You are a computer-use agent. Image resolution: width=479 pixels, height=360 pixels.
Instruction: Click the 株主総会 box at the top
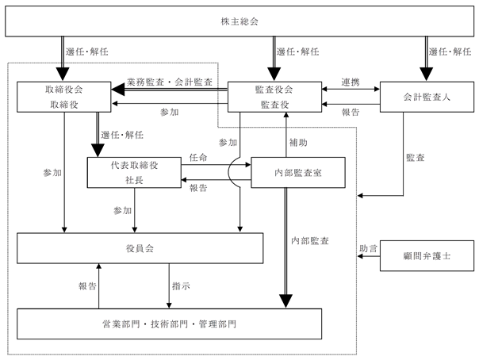click(x=239, y=21)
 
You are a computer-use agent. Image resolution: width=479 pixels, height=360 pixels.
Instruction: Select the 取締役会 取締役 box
click(x=64, y=97)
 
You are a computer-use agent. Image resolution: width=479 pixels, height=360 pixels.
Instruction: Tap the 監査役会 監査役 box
click(x=274, y=97)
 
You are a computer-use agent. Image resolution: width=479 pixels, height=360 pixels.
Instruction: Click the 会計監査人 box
click(x=427, y=97)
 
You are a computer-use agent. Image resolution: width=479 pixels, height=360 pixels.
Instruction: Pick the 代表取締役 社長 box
click(x=134, y=173)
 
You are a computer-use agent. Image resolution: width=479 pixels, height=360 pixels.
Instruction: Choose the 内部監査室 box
click(x=298, y=173)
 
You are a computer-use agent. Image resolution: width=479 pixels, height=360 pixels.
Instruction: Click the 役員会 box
click(x=140, y=248)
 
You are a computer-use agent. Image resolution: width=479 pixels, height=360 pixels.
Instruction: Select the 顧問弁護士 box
click(x=427, y=256)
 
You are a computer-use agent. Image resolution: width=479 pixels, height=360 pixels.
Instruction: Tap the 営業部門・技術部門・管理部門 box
click(x=169, y=324)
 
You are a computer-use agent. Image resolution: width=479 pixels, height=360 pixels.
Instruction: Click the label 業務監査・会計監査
click(x=170, y=82)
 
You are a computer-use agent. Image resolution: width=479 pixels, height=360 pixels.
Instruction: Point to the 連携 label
click(x=351, y=82)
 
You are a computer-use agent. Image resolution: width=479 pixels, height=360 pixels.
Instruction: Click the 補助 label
click(x=298, y=143)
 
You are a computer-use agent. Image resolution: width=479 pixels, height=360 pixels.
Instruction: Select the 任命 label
click(x=198, y=158)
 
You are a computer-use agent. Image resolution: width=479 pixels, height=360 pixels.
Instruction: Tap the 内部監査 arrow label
click(x=310, y=241)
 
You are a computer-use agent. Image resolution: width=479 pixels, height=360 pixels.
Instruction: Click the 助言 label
click(x=368, y=248)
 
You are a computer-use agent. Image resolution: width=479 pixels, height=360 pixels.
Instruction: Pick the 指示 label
click(x=181, y=286)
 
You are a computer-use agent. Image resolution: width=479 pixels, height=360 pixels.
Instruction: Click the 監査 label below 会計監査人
click(x=415, y=158)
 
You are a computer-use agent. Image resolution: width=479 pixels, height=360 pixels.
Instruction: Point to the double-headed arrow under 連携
click(x=351, y=89)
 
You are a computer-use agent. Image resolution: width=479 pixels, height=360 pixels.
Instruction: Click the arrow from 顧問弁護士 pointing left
click(x=369, y=256)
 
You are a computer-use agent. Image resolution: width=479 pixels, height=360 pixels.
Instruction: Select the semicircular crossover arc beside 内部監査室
click(x=229, y=173)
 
